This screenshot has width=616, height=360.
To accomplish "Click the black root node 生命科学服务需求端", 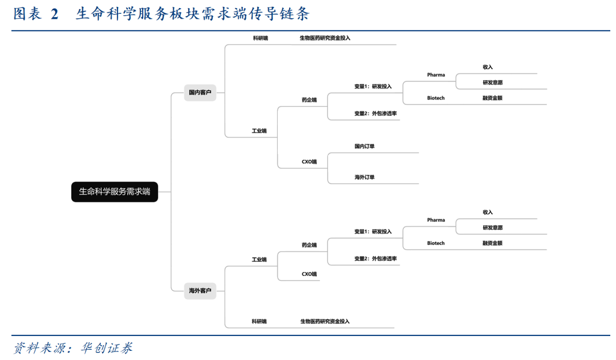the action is [114, 192].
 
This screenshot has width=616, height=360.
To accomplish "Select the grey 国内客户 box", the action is [200, 93].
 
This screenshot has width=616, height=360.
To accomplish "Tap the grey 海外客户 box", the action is [200, 291].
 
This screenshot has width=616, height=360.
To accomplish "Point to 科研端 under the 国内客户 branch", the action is [260, 38].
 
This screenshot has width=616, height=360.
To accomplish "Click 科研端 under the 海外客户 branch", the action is [260, 321].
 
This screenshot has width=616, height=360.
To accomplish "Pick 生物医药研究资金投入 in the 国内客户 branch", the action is [325, 38].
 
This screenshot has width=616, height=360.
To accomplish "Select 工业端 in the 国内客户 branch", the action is [260, 131].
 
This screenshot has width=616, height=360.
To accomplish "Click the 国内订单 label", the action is [364, 146].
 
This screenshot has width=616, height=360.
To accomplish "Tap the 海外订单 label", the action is [364, 177].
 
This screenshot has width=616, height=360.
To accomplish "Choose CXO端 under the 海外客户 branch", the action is [309, 274].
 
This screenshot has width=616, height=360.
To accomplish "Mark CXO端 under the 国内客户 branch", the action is [309, 161].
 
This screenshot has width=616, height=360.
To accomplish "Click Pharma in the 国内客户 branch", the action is [436, 75].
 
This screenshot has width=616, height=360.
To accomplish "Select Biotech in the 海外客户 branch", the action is [436, 243].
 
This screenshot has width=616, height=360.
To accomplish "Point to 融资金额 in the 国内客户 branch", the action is [493, 98].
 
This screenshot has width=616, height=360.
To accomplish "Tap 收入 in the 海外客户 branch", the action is [488, 212].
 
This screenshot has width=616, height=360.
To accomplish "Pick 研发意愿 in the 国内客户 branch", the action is [493, 83].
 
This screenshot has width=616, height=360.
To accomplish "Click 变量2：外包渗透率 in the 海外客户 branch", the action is [375, 258].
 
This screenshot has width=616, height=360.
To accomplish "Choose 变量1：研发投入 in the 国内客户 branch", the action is [373, 87].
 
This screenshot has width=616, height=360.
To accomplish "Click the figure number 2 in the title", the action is [55, 14].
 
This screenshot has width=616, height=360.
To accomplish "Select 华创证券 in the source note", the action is [107, 348].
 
